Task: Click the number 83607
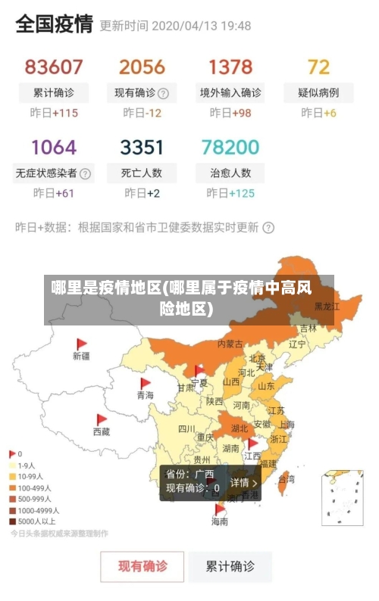pos(54,67)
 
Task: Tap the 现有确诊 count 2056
pos(142,67)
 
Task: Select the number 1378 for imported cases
pos(230,67)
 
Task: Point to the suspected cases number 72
pos(318,67)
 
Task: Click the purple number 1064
pos(54,147)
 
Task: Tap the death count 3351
pos(142,147)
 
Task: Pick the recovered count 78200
pos(230,147)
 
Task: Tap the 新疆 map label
pos(81,355)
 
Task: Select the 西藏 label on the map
pos(101,431)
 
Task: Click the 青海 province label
pos(145,395)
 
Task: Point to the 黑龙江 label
pos(327,307)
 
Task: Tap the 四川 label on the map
pos(186,428)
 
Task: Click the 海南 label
pos(220,522)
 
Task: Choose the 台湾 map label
pos(287,479)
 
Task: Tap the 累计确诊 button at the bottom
pos(230,566)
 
